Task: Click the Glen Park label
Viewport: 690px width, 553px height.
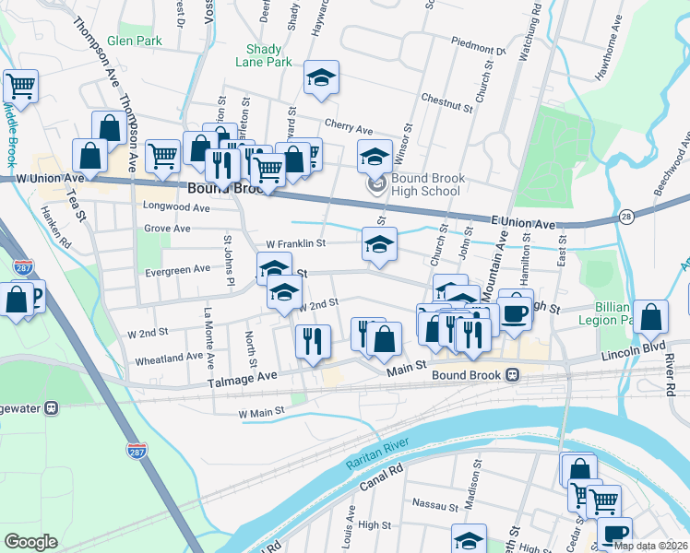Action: coord(134,41)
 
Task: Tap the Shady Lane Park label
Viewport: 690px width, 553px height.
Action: coord(268,55)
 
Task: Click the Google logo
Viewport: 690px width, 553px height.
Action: coord(30,542)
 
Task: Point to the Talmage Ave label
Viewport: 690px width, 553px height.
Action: coord(243,376)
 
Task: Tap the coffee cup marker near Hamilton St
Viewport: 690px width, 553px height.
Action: coord(516,312)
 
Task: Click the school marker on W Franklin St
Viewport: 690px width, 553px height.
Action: coord(378,244)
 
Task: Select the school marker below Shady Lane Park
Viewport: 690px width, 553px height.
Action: coord(321,79)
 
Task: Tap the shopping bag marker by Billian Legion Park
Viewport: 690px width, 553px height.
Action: coord(650,317)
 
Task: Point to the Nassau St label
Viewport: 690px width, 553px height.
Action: coord(436,505)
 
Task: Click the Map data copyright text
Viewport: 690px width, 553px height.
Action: coord(650,546)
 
